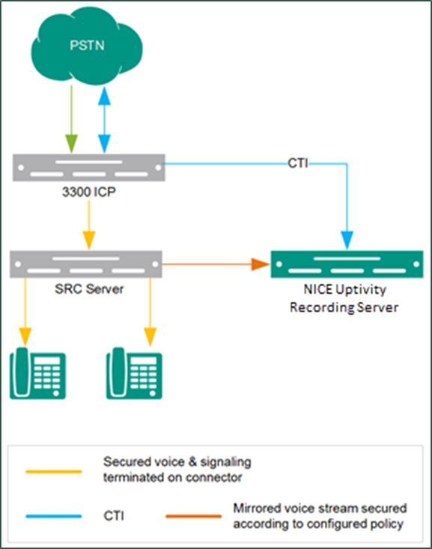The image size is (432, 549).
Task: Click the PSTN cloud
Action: (x=86, y=46)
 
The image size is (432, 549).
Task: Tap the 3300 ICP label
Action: (x=89, y=192)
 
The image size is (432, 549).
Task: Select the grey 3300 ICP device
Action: (x=89, y=168)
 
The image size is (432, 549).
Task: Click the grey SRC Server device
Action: (x=86, y=264)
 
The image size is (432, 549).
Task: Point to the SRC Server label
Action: (x=89, y=289)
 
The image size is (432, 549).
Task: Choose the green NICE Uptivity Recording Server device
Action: (x=347, y=264)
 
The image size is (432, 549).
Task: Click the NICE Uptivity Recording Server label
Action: (x=344, y=298)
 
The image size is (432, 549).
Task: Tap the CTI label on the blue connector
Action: (x=297, y=163)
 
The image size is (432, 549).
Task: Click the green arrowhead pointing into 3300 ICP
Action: (x=71, y=144)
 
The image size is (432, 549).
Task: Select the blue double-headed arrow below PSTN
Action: (x=104, y=120)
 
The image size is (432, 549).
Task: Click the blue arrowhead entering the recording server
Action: (x=347, y=240)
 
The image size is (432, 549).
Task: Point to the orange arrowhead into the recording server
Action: (x=261, y=264)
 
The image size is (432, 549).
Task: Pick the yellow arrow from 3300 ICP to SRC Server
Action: (x=89, y=225)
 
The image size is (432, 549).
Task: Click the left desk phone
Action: (x=37, y=373)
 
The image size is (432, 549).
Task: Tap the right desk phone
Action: (x=135, y=373)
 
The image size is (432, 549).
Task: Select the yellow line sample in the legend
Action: (x=54, y=472)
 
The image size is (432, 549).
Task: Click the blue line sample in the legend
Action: (x=54, y=516)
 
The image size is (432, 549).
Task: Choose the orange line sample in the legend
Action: (x=194, y=516)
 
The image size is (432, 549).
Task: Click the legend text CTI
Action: (x=114, y=516)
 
